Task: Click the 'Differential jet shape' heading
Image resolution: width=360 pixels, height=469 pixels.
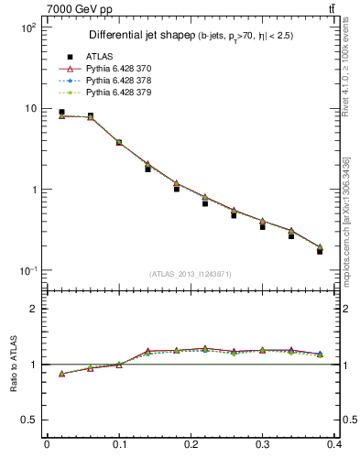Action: [137, 35]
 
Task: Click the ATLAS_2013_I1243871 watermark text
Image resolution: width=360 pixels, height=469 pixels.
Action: [190, 275]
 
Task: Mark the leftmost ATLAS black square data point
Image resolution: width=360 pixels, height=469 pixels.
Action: [61, 113]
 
